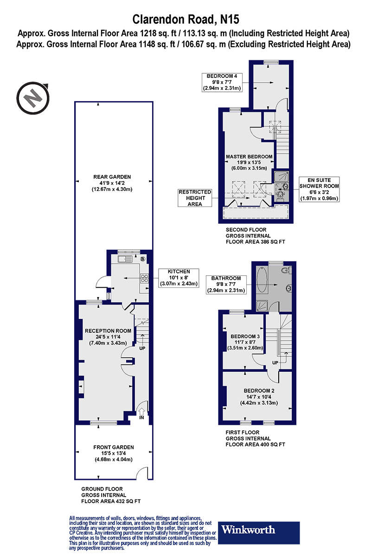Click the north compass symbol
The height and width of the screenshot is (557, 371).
coord(33,98)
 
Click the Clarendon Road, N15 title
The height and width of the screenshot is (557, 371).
coord(185,19)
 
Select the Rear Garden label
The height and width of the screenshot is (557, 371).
coord(112,182)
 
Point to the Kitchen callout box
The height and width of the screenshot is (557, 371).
coord(179,278)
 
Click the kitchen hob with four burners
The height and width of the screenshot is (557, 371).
coord(144,278)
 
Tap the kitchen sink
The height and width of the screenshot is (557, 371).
coord(125,258)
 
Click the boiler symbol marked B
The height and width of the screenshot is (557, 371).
coord(143,259)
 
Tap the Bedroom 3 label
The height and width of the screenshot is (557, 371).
coord(243,342)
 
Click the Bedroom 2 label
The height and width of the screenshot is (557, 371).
coord(259,396)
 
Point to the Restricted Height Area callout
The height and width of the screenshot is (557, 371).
coord(195,198)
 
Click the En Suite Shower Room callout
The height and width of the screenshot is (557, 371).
coord(318,189)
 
